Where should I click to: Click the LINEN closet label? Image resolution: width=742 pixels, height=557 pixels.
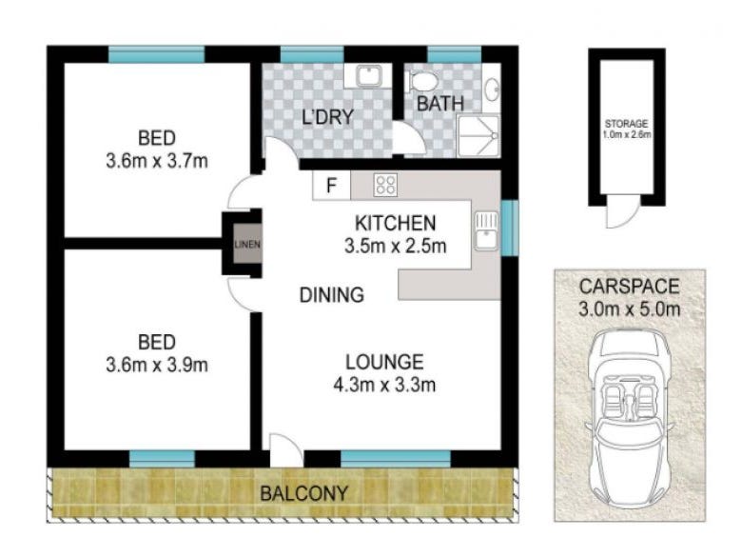coord(247,245)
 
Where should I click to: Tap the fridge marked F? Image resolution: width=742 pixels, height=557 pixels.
coord(331,185)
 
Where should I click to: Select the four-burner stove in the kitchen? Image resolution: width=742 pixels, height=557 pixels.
coord(385,185)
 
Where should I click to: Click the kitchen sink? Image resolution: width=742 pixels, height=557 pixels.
coord(486,230)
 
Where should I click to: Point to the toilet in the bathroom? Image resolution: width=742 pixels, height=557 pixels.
coord(423,82)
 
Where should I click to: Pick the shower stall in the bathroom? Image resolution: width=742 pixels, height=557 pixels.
coord(478,136)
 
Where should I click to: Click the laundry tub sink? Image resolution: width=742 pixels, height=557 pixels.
coord(367,75)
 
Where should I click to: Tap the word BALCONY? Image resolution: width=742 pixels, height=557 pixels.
coord(303,493)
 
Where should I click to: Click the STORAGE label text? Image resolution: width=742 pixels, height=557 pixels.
coord(626,124)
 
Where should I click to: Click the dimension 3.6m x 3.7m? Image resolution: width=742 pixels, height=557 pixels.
coord(157,161)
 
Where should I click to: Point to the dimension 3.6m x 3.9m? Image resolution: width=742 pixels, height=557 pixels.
coord(157,365)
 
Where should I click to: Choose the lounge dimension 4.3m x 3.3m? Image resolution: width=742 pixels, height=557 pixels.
coord(384,385)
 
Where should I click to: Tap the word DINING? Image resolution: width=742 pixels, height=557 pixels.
coord(332,294)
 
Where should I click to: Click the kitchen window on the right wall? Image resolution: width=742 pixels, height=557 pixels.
coord(510,228)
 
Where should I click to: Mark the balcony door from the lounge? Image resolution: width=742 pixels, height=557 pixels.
coord(285,450)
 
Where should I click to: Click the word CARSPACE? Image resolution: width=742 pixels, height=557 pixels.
coord(630,287)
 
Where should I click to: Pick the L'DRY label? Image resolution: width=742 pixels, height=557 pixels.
coord(328,116)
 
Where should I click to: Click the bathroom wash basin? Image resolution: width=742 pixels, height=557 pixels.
coord(493,89)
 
